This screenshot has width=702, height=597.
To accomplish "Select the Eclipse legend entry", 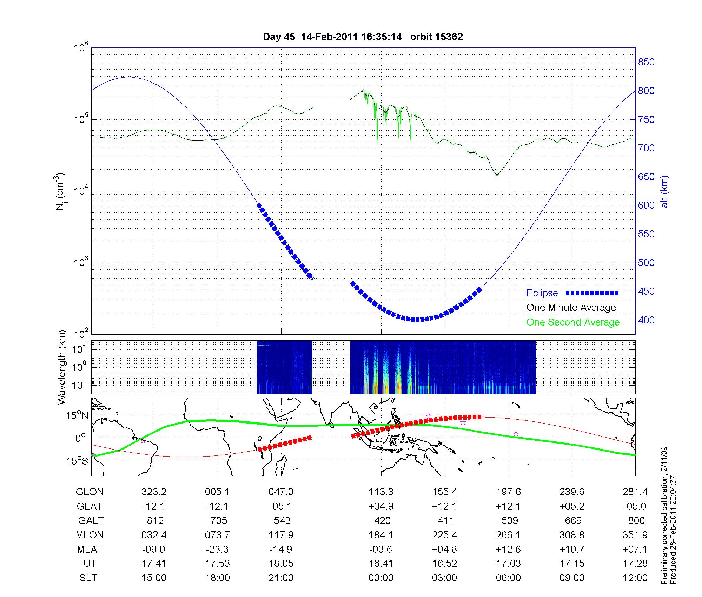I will pyautogui.click(x=542, y=293).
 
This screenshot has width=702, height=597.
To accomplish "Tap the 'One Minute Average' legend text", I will pyautogui.click(x=571, y=308).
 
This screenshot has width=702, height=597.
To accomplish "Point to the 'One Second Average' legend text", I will pyautogui.click(x=573, y=322).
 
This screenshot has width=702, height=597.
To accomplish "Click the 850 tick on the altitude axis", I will pyautogui.click(x=646, y=62).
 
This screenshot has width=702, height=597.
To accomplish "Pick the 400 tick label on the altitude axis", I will pyautogui.click(x=646, y=320).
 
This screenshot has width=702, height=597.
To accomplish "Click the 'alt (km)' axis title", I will pyautogui.click(x=664, y=191).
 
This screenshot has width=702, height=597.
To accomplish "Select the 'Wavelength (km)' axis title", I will pyautogui.click(x=62, y=367).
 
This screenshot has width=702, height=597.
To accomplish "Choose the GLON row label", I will pyautogui.click(x=90, y=492).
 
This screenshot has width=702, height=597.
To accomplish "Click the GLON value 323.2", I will pyautogui.click(x=154, y=492).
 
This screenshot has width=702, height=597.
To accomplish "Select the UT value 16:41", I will pyautogui.click(x=381, y=564).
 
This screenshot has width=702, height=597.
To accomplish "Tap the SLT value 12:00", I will pyautogui.click(x=635, y=578).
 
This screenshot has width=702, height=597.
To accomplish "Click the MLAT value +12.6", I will pyautogui.click(x=508, y=549).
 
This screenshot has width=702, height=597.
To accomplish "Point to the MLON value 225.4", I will pyautogui.click(x=445, y=535).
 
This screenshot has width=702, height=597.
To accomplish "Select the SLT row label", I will pyautogui.click(x=88, y=578).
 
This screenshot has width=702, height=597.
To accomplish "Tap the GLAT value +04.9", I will pyautogui.click(x=381, y=506).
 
